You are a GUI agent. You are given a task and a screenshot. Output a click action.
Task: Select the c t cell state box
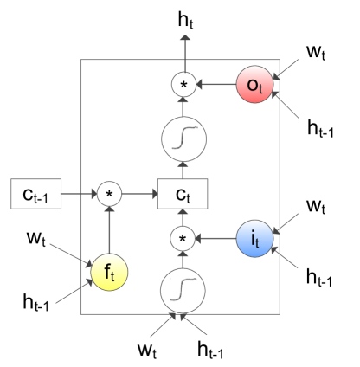point(183,194)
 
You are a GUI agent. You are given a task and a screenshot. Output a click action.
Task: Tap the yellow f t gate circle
point(108,273)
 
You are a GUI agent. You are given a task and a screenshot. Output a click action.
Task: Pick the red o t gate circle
point(255,85)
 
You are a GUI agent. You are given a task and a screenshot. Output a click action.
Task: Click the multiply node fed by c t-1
point(109,194)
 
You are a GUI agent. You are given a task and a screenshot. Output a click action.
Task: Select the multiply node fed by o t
point(183,85)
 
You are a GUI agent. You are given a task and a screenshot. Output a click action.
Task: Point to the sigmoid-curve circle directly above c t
point(183,138)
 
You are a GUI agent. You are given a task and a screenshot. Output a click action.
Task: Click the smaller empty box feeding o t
point(315,52)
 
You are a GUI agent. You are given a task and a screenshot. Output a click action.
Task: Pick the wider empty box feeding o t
point(320,127)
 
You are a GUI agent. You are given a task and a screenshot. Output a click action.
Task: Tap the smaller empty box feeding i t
point(315,204)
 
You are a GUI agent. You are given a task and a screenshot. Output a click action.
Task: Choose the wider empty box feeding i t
point(318,276)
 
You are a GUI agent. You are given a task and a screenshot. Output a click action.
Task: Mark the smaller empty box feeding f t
point(35,236)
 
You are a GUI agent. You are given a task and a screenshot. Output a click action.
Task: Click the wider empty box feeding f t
point(36,301)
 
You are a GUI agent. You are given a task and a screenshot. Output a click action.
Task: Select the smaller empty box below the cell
point(146,348)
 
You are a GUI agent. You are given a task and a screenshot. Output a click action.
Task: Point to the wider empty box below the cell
point(210,348)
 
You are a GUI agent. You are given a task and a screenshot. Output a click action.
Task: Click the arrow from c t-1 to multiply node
point(76,194)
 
